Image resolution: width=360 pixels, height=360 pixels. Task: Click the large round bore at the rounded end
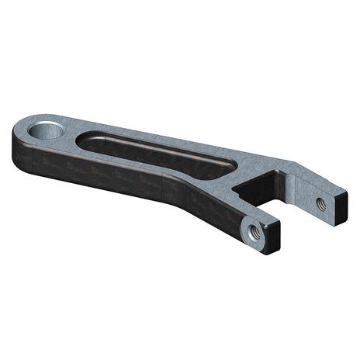coord(47,128)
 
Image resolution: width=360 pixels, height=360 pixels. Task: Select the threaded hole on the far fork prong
coord(320,203)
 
